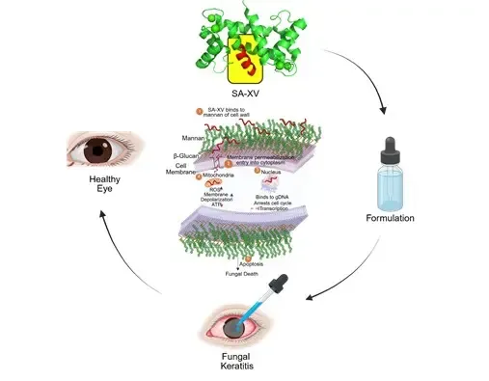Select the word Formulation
(391, 219)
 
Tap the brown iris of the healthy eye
(97, 150)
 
